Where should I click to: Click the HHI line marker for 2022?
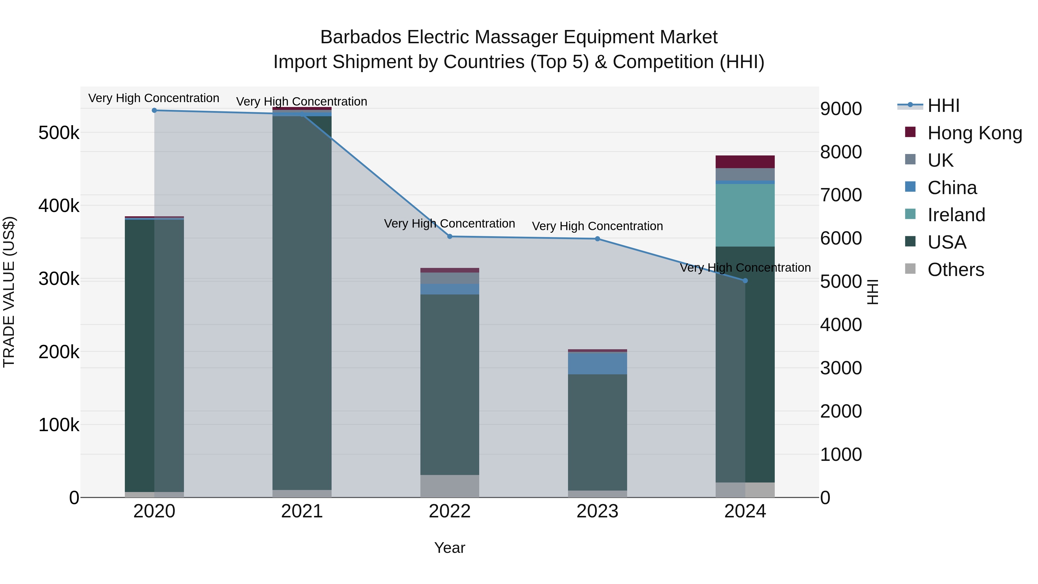pyautogui.click(x=450, y=236)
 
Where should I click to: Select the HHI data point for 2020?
pyautogui.click(x=154, y=110)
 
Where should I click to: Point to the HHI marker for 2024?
pyautogui.click(x=745, y=281)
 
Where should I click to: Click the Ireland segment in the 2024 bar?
pyautogui.click(x=745, y=215)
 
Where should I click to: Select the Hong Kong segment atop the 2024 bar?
pyautogui.click(x=745, y=162)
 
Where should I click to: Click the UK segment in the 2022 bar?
pyautogui.click(x=450, y=278)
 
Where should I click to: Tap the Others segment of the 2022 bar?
pyautogui.click(x=450, y=486)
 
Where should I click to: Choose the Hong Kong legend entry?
pyautogui.click(x=974, y=133)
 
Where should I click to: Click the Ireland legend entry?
pyautogui.click(x=956, y=215)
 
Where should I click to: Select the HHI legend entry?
pyautogui.click(x=943, y=106)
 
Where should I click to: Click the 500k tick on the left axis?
pyautogui.click(x=59, y=133)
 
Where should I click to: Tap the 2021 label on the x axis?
pyautogui.click(x=302, y=511)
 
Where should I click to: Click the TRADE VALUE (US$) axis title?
pyautogui.click(x=9, y=292)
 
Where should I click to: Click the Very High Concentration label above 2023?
pyautogui.click(x=597, y=226)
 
